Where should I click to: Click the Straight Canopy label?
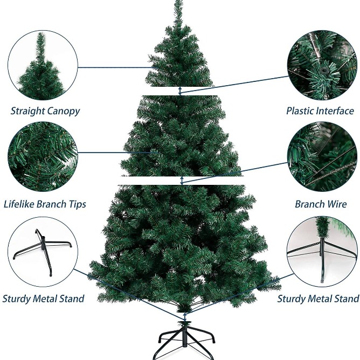click(45, 111)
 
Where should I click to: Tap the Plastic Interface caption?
click(320, 110)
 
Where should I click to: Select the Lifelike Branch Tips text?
click(45, 204)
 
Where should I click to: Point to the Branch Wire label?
click(321, 204)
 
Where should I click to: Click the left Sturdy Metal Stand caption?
click(43, 299)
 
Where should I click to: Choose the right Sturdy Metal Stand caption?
click(318, 299)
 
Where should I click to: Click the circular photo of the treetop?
click(43, 65)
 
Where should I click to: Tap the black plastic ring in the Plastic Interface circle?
click(324, 70)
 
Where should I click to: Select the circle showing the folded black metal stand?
click(43, 252)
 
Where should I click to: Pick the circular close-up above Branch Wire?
click(322, 157)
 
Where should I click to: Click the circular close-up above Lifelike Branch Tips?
click(43, 157)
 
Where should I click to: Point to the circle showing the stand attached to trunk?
click(322, 252)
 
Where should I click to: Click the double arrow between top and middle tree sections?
click(181, 91)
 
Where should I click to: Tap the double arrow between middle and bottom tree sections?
click(182, 181)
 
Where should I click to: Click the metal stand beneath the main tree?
click(186, 340)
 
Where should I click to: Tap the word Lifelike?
click(19, 204)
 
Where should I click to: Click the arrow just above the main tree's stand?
click(185, 317)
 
